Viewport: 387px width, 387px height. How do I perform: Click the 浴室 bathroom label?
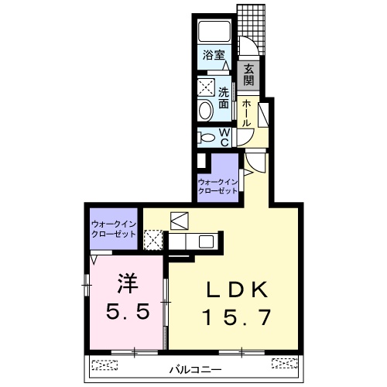[x=214, y=55]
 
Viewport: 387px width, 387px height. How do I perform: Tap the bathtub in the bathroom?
[x=214, y=31]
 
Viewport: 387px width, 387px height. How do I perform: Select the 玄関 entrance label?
[x=248, y=74]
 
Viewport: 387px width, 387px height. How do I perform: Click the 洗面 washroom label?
[x=224, y=98]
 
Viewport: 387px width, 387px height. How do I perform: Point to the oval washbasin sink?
[x=206, y=111]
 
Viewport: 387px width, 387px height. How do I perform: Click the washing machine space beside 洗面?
[x=206, y=87]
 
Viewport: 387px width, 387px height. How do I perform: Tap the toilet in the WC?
[x=206, y=138]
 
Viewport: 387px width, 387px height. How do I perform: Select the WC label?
[x=224, y=138]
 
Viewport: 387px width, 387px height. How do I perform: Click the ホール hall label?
[x=246, y=113]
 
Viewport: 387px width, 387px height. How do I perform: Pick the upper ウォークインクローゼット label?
[x=217, y=187]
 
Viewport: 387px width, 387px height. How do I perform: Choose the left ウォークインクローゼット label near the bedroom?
[x=114, y=229]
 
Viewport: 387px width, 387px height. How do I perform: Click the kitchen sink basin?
[x=206, y=241]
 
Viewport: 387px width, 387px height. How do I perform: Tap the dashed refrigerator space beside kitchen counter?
[x=153, y=240]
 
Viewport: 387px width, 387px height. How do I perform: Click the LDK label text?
[x=237, y=289]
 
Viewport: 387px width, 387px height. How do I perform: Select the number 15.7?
[x=237, y=317]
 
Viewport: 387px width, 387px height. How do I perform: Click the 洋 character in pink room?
[x=128, y=283]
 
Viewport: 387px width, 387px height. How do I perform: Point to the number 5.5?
[x=128, y=311]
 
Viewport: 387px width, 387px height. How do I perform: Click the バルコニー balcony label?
[x=195, y=370]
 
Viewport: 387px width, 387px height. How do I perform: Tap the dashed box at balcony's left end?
[x=104, y=365]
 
